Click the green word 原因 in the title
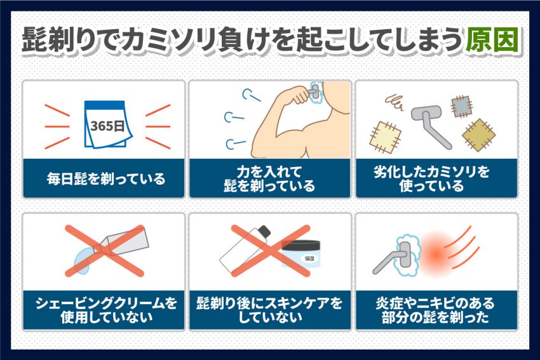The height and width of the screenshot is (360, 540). click(492, 40)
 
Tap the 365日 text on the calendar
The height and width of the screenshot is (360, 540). click(107, 126)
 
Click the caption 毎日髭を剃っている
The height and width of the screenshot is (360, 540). click(106, 179)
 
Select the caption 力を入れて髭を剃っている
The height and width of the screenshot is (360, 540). click(269, 178)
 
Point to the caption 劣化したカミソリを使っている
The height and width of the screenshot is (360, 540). click(432, 178)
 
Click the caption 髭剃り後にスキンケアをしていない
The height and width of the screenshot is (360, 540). click(269, 310)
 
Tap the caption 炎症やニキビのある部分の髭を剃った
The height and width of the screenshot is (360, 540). click(435, 310)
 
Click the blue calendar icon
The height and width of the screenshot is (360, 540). click(107, 124)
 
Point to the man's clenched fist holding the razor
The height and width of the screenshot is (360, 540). click(299, 95)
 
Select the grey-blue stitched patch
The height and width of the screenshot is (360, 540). click(461, 107)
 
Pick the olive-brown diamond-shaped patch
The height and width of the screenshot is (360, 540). click(478, 135)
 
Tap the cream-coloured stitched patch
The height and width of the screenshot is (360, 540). click(386, 138)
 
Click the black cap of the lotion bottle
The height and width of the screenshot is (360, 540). click(264, 232)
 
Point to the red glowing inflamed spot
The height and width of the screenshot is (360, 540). click(436, 254)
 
